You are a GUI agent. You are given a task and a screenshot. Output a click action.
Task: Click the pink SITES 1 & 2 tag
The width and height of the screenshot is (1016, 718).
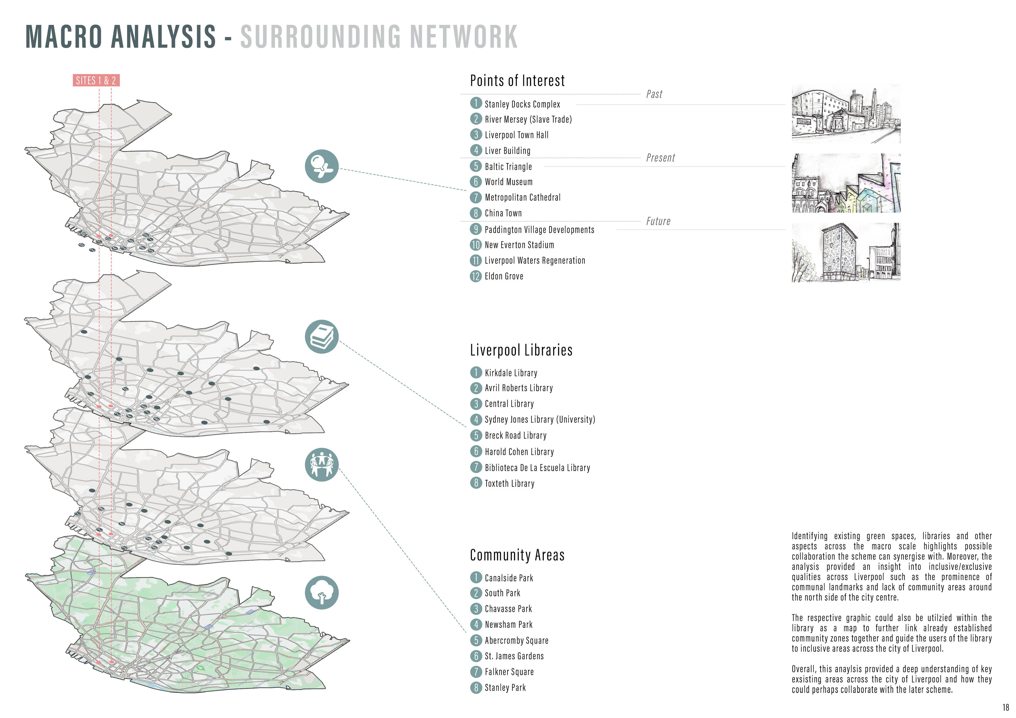[96, 80]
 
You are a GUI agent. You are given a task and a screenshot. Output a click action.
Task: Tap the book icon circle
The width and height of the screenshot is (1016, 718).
[322, 337]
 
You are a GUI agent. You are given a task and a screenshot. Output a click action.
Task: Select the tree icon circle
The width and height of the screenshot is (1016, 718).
[322, 592]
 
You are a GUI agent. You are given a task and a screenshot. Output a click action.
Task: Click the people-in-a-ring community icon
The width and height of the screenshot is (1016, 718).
[322, 464]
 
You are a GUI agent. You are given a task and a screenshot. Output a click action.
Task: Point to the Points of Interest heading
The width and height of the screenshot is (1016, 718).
[517, 81]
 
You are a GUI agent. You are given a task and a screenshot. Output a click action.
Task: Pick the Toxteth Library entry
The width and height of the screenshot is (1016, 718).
[509, 483]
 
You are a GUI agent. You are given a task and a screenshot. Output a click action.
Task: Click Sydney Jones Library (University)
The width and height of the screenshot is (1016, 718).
[539, 419]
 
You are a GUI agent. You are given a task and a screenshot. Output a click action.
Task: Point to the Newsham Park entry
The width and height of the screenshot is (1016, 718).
[509, 625]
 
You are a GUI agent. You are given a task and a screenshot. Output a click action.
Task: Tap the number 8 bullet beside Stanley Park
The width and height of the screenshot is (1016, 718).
[476, 688]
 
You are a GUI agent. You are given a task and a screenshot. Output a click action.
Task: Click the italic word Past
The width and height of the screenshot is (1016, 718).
[654, 94]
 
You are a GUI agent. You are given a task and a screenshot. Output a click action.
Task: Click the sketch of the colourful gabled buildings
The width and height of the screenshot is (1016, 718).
[846, 183]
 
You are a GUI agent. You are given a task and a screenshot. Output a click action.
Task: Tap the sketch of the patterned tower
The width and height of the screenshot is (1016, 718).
[846, 253]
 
